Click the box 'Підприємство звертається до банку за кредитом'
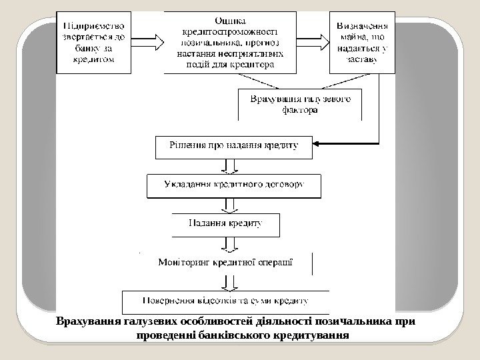tap(93, 41)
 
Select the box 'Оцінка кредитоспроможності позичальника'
tap(230, 41)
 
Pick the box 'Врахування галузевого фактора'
tap(301, 105)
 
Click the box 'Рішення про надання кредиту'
tap(233, 146)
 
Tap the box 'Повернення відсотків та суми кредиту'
tap(226, 300)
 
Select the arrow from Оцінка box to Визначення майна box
tap(313, 41)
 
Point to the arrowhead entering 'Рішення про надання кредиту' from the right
tap(317, 143)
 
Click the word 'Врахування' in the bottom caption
tap(89, 321)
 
